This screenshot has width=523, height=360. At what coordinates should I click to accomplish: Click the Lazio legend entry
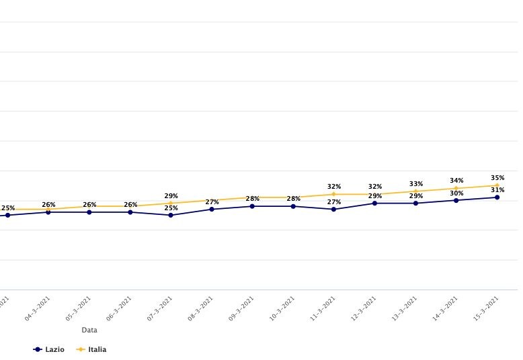coord(49,349)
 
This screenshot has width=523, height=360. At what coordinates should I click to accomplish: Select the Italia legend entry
coord(91,349)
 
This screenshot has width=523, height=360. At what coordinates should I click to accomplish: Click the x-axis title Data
coord(89,330)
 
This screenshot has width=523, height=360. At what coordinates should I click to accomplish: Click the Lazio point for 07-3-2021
coord(171,215)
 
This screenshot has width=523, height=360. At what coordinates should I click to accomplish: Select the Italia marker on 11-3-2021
coord(334,194)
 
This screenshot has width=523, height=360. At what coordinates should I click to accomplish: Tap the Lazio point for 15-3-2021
coord(497,197)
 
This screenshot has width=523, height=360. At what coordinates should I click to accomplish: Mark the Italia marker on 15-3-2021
coord(497,185)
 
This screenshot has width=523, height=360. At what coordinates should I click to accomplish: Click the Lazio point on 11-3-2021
coord(334,209)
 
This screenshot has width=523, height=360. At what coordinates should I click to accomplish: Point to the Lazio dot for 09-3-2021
coord(253,206)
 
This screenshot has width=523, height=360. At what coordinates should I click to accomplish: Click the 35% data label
coord(497,178)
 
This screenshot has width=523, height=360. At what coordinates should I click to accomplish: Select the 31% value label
coord(497,190)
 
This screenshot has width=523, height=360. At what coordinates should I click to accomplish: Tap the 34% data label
coord(456,181)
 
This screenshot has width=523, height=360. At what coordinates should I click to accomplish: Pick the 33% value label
coord(416,183)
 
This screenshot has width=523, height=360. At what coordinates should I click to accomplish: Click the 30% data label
coord(456,193)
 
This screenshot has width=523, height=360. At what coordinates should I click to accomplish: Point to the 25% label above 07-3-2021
coord(171,208)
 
